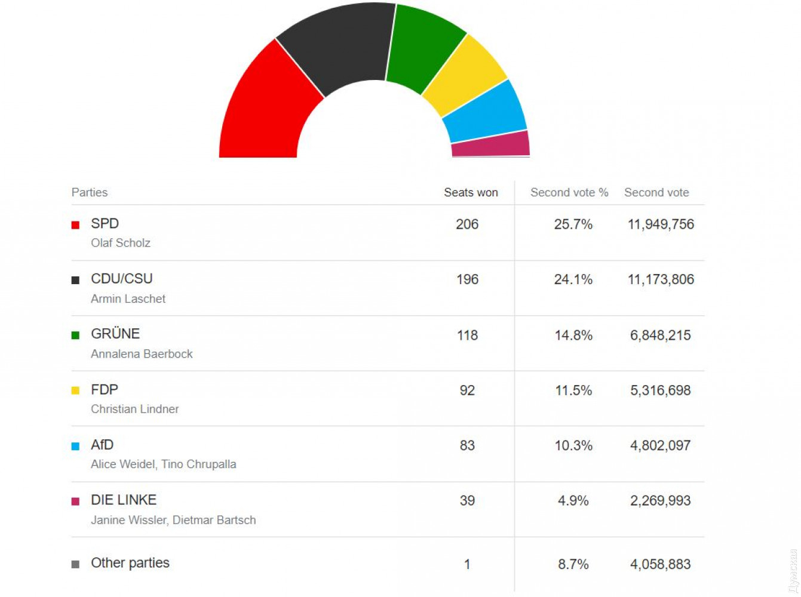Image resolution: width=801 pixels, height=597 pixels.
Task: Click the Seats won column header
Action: (x=471, y=192)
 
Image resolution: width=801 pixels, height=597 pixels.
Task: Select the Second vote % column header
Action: (x=569, y=192)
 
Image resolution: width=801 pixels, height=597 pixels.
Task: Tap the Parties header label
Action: (x=90, y=192)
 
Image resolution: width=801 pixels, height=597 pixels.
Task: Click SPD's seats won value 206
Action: (x=467, y=224)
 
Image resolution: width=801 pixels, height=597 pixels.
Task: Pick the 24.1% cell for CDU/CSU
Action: (x=573, y=279)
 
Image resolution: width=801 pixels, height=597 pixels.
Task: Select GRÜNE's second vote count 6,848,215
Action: (x=660, y=335)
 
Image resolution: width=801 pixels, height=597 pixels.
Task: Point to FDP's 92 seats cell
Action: (x=467, y=390)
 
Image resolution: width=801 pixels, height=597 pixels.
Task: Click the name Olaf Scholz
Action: (x=121, y=243)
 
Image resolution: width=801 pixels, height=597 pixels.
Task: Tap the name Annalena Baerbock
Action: (x=142, y=354)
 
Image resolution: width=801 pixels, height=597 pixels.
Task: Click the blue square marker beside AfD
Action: (x=75, y=446)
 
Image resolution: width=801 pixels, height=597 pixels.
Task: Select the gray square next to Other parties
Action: (x=75, y=564)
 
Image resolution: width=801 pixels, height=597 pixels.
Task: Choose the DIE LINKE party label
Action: (x=124, y=500)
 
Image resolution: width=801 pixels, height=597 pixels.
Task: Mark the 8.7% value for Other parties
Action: (x=573, y=564)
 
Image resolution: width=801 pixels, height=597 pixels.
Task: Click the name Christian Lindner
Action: (x=135, y=409)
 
